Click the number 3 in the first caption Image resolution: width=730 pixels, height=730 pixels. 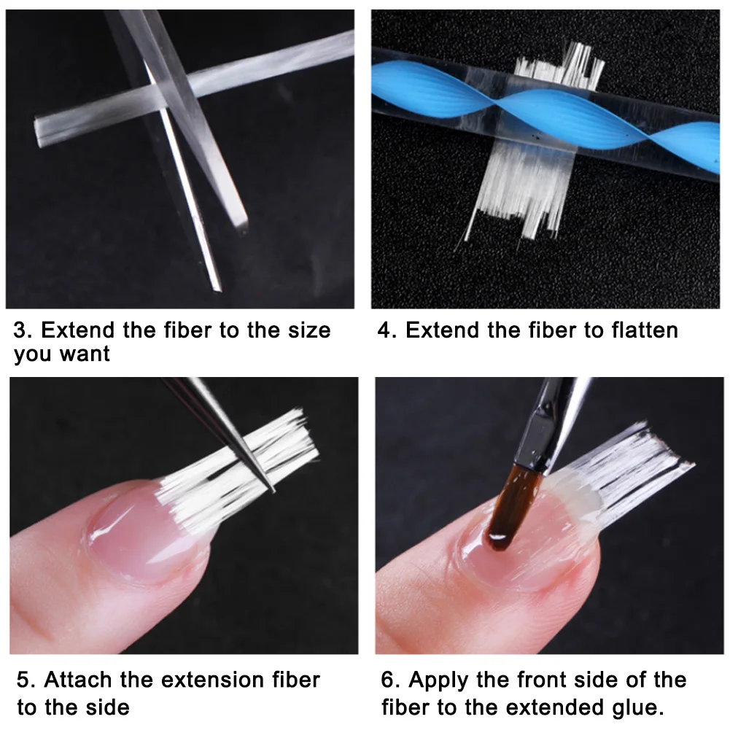click(21, 330)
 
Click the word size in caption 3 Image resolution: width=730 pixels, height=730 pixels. click(309, 330)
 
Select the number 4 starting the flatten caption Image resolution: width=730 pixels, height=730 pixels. click(386, 330)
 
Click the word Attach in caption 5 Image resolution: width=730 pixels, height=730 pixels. click(78, 680)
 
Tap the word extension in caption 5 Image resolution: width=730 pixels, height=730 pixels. click(213, 680)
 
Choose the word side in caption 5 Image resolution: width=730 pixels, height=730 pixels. click(107, 707)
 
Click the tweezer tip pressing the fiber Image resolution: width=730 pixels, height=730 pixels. click(272, 489)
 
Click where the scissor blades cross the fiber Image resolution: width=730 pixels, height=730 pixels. click(168, 93)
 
